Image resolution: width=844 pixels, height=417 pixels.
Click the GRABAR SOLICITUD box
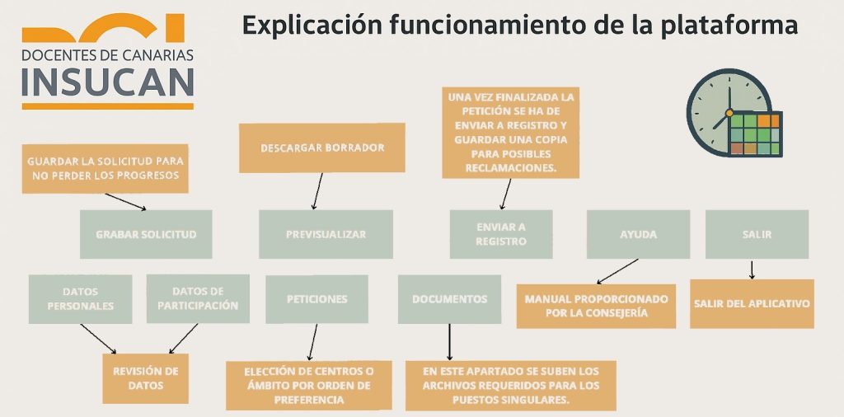(x=146, y=235)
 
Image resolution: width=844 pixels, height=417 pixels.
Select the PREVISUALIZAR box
(x=326, y=235)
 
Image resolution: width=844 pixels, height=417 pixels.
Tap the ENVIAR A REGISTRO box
(x=500, y=235)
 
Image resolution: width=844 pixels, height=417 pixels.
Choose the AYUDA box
(x=638, y=235)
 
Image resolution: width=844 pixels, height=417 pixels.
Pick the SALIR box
(x=757, y=235)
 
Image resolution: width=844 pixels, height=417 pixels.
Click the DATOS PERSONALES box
(x=80, y=298)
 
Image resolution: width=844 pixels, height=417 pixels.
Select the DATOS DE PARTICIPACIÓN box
(x=198, y=298)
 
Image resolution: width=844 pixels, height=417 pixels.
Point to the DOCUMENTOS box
(x=449, y=299)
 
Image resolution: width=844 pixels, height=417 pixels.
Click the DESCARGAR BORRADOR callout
(x=321, y=148)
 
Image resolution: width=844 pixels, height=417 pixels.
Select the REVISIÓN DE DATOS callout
(x=145, y=378)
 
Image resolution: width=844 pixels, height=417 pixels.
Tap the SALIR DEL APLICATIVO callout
(x=752, y=303)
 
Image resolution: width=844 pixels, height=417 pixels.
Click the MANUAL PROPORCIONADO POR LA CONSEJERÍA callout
(x=596, y=306)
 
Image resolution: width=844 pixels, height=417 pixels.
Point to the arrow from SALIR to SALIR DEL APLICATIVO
(x=752, y=269)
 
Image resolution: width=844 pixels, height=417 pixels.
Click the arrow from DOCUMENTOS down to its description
(x=449, y=341)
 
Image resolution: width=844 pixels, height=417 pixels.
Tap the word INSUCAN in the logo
(x=108, y=82)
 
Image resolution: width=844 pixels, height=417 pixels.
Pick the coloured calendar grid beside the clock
(x=755, y=134)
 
